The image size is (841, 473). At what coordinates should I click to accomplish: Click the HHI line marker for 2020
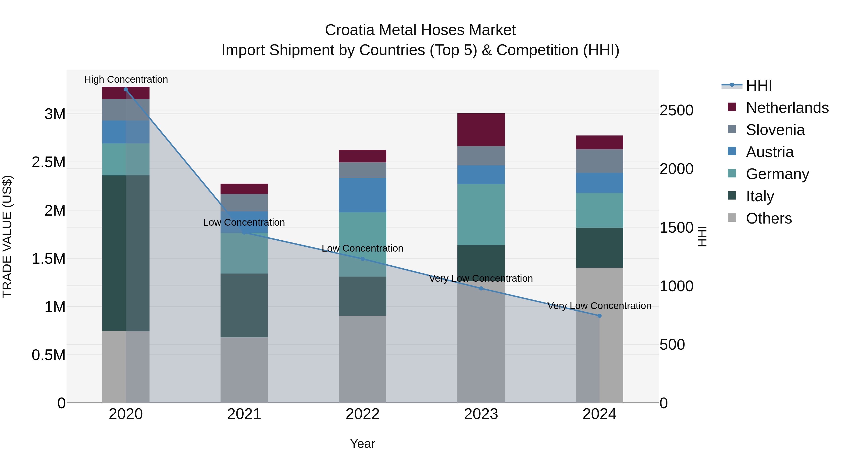pos(126,89)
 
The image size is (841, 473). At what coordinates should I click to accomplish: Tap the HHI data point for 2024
pos(599,316)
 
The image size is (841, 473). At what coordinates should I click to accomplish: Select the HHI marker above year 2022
pos(362,259)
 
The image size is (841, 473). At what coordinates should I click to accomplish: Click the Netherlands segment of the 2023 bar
pos(481,130)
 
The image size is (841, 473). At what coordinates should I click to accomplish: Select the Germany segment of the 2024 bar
pos(599,210)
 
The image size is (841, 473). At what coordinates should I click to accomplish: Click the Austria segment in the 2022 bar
pos(362,195)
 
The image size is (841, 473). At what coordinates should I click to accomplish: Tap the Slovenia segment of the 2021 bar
pos(244,203)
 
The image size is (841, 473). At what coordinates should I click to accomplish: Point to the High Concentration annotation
pos(126,80)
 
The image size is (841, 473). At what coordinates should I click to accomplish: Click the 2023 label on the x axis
pos(481,414)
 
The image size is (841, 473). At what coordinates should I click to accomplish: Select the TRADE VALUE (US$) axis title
pos(7,237)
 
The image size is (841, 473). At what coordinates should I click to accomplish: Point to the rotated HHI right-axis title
pos(702,237)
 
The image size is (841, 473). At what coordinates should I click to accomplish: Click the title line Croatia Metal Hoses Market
pos(420,30)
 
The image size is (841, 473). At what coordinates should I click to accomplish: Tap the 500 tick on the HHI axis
pos(672,345)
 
